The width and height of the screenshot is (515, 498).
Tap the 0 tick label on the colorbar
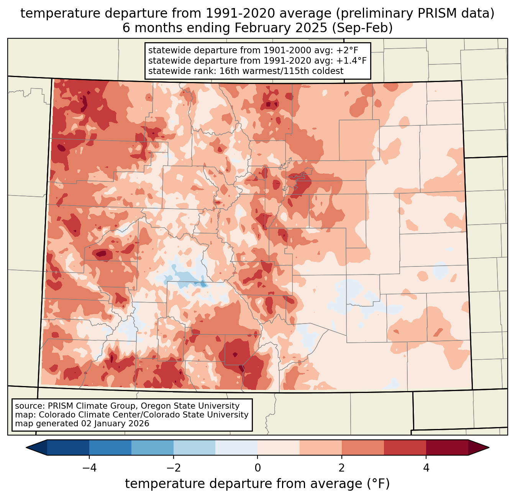pyautogui.click(x=257, y=468)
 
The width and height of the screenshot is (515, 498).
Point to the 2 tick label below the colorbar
pyautogui.click(x=342, y=468)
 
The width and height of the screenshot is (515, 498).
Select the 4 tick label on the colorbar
pyautogui.click(x=426, y=468)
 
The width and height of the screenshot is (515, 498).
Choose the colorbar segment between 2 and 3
pyautogui.click(x=363, y=447)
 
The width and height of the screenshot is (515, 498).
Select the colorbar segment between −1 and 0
pyautogui.click(x=236, y=447)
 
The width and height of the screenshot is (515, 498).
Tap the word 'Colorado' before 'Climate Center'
pyautogui.click(x=54, y=415)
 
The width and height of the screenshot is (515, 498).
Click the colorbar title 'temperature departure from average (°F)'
pyautogui.click(x=257, y=484)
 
